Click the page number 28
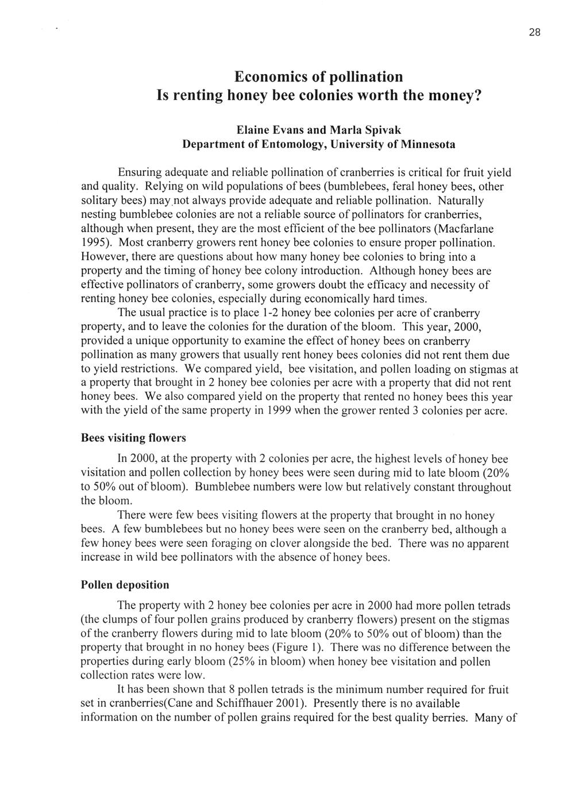pos(534,33)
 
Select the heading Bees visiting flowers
pos(133,438)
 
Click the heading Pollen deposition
pos(125,585)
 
